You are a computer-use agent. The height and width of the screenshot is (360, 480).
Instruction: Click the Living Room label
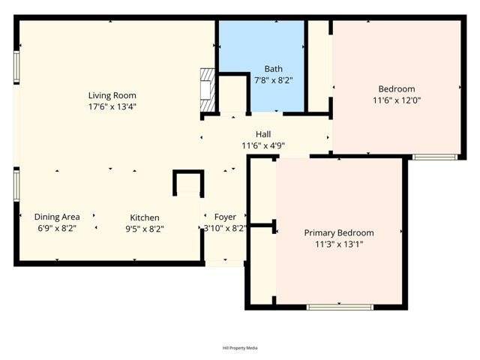point(112,95)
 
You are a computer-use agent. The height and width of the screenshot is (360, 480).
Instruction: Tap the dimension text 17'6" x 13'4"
point(112,106)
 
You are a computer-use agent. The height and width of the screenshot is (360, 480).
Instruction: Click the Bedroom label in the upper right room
point(396,89)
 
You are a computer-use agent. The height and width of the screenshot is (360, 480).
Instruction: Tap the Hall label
point(262,133)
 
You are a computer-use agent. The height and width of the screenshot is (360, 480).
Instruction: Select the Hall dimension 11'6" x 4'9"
point(262,145)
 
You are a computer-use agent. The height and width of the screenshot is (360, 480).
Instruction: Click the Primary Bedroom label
point(338,232)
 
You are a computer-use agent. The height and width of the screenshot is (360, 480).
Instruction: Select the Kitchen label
point(145,217)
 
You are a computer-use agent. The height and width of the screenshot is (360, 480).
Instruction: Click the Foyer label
point(225,217)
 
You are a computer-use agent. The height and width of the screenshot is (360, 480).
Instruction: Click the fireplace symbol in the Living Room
point(208,94)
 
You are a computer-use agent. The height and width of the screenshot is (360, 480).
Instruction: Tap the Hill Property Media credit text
point(240,348)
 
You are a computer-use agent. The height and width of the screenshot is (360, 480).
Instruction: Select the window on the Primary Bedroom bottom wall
point(340,306)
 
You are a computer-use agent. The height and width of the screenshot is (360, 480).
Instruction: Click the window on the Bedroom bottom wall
point(435,157)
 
